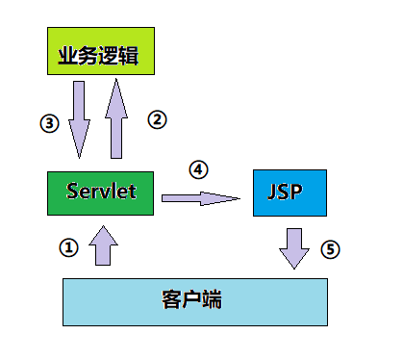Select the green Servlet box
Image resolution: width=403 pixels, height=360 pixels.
click(x=100, y=192)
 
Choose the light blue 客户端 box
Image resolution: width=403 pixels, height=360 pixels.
click(x=193, y=300)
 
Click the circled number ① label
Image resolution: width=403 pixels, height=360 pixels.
click(x=67, y=247)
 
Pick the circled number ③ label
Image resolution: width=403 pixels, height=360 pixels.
click(x=50, y=123)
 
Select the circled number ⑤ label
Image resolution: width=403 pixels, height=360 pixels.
click(x=330, y=249)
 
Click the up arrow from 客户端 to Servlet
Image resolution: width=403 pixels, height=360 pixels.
click(x=102, y=247)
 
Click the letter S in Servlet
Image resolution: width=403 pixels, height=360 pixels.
click(x=73, y=191)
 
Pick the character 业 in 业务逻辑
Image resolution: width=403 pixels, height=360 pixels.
click(x=69, y=54)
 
